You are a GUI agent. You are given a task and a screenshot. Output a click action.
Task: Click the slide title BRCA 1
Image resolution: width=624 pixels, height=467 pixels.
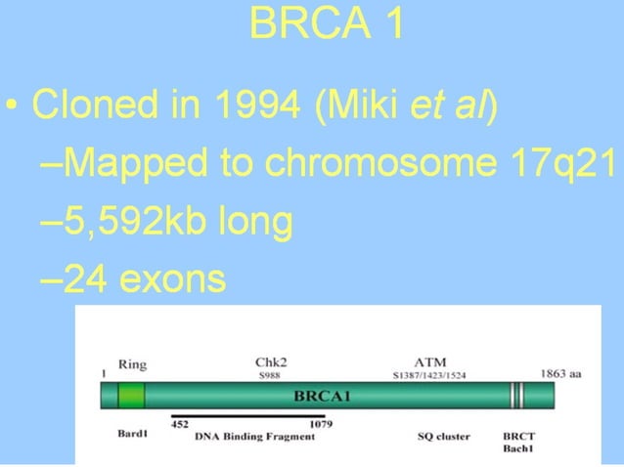click(x=326, y=24)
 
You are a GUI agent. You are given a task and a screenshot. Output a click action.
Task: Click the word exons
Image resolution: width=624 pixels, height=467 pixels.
click(x=172, y=280)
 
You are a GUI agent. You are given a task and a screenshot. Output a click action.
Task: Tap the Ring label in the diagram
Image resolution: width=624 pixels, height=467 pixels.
click(x=132, y=364)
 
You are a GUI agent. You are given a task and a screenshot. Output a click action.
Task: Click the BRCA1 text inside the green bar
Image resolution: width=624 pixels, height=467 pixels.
click(x=324, y=398)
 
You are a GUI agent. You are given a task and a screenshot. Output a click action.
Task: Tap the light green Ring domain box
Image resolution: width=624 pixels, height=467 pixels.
click(x=131, y=396)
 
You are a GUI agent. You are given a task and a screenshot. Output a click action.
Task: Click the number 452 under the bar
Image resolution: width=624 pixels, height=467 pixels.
click(x=180, y=424)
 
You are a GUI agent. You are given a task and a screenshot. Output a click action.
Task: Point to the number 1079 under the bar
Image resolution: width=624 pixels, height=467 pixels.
click(x=320, y=424)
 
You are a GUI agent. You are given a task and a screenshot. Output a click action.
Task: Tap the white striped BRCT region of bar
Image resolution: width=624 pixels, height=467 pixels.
click(x=516, y=396)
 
